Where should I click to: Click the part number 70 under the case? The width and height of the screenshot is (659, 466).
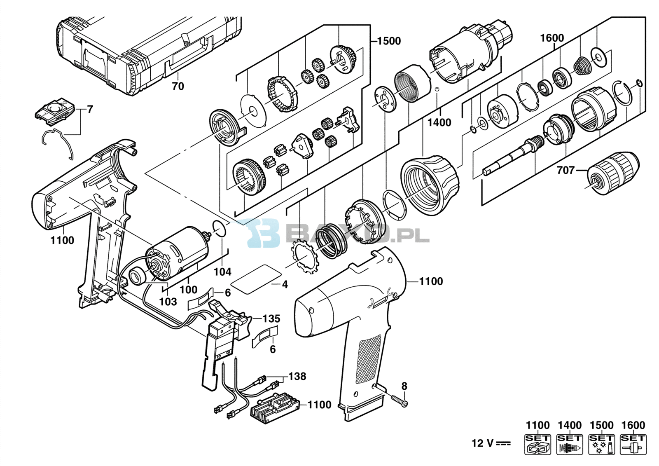pos(178,86)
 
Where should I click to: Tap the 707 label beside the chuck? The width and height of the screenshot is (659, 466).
pos(566,170)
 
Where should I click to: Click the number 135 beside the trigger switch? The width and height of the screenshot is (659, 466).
pos(271,318)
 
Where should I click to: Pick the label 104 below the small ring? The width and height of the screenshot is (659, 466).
pos(222,272)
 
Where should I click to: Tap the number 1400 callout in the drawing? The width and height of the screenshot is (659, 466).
pos(439,122)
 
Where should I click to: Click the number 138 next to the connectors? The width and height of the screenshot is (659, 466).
pos(297,376)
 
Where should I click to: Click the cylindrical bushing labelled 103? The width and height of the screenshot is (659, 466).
pos(136,276)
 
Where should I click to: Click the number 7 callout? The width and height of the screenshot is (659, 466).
pos(90,110)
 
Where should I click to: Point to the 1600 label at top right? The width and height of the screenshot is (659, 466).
pos(552,38)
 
